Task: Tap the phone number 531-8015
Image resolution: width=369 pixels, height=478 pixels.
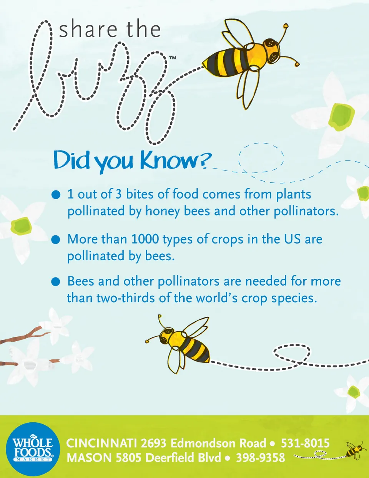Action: coord(305,443)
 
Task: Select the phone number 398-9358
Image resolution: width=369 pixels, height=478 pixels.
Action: coord(261,458)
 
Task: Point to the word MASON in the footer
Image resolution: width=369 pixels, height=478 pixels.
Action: coord(90,458)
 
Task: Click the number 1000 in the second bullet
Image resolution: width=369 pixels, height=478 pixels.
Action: coord(145,239)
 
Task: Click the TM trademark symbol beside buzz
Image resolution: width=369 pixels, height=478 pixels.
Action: coord(173,58)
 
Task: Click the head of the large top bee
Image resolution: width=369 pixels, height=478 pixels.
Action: coord(272,51)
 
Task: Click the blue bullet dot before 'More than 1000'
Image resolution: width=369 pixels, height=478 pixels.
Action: coord(55,239)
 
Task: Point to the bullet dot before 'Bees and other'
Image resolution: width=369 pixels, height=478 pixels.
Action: coord(55,281)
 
